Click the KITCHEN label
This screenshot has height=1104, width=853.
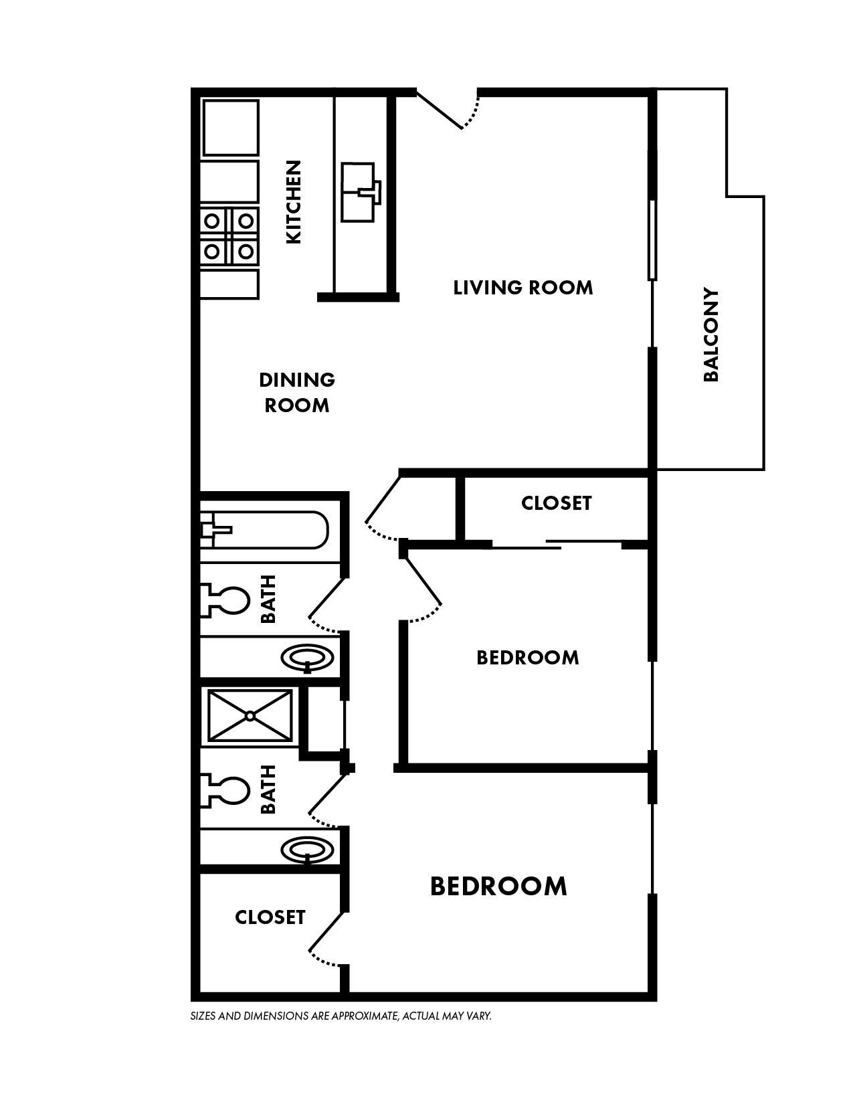(294, 201)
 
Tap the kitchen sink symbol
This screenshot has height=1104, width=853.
(360, 192)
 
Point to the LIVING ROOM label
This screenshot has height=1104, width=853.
(523, 288)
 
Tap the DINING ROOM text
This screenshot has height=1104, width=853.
(297, 393)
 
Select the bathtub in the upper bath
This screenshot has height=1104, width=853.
(265, 531)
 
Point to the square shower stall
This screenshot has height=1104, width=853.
(250, 715)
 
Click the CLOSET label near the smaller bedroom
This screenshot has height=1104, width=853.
(557, 503)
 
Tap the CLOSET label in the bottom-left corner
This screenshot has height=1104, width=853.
(270, 917)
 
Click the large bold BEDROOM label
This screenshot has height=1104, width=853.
(498, 886)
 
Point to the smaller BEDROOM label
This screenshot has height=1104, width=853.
(528, 658)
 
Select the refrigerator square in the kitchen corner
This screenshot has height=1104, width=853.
(230, 128)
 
